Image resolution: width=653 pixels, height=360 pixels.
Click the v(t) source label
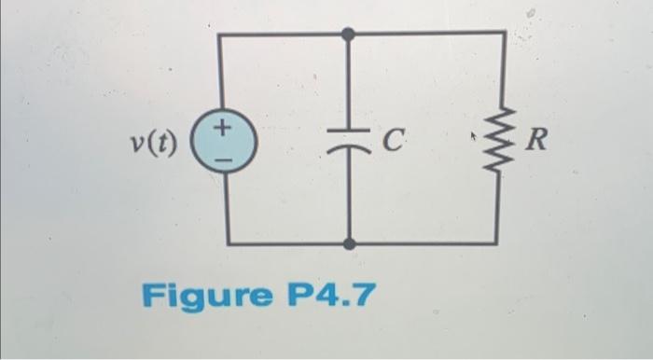[153, 144]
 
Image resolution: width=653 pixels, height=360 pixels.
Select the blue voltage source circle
[220, 143]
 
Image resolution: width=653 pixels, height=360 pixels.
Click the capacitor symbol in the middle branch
[348, 143]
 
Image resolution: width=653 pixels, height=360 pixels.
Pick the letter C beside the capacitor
[393, 142]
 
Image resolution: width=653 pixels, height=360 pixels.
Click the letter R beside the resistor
[537, 142]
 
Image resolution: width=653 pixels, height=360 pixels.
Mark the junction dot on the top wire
[348, 35]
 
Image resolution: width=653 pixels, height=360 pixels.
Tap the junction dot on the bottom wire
[348, 244]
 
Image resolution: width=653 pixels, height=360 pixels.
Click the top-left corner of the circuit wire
[220, 35]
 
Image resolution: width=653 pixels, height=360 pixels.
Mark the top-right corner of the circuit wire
[505, 33]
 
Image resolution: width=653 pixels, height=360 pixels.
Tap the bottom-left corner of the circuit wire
[228, 244]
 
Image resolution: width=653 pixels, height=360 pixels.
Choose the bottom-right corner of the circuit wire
[495, 244]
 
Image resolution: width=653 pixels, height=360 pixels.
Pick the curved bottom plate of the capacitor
[348, 149]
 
